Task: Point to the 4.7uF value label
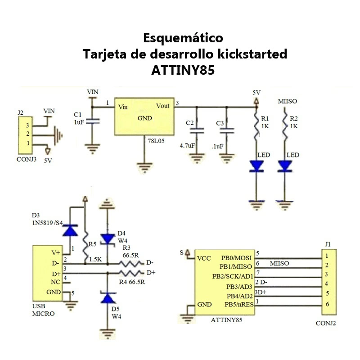coord(187,145)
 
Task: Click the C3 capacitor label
coord(220,123)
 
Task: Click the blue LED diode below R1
coord(256,166)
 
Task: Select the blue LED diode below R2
coord(285,166)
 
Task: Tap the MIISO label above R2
coord(288,101)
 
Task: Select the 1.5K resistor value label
coord(94,260)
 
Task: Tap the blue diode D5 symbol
coord(107,297)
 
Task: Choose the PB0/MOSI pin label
coord(237,257)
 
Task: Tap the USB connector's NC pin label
coord(55,282)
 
